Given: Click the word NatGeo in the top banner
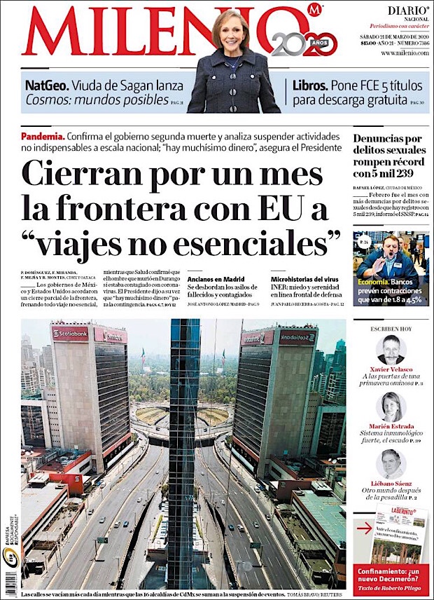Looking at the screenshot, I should (47, 86).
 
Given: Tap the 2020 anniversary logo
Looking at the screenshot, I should (304, 44).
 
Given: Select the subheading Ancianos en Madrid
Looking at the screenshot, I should (213, 279).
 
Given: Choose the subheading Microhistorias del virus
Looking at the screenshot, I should (304, 279).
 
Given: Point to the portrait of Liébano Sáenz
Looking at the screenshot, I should (391, 463).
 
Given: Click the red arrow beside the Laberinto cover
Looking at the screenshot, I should (362, 529).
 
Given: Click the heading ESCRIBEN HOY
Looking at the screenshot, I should (391, 327).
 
